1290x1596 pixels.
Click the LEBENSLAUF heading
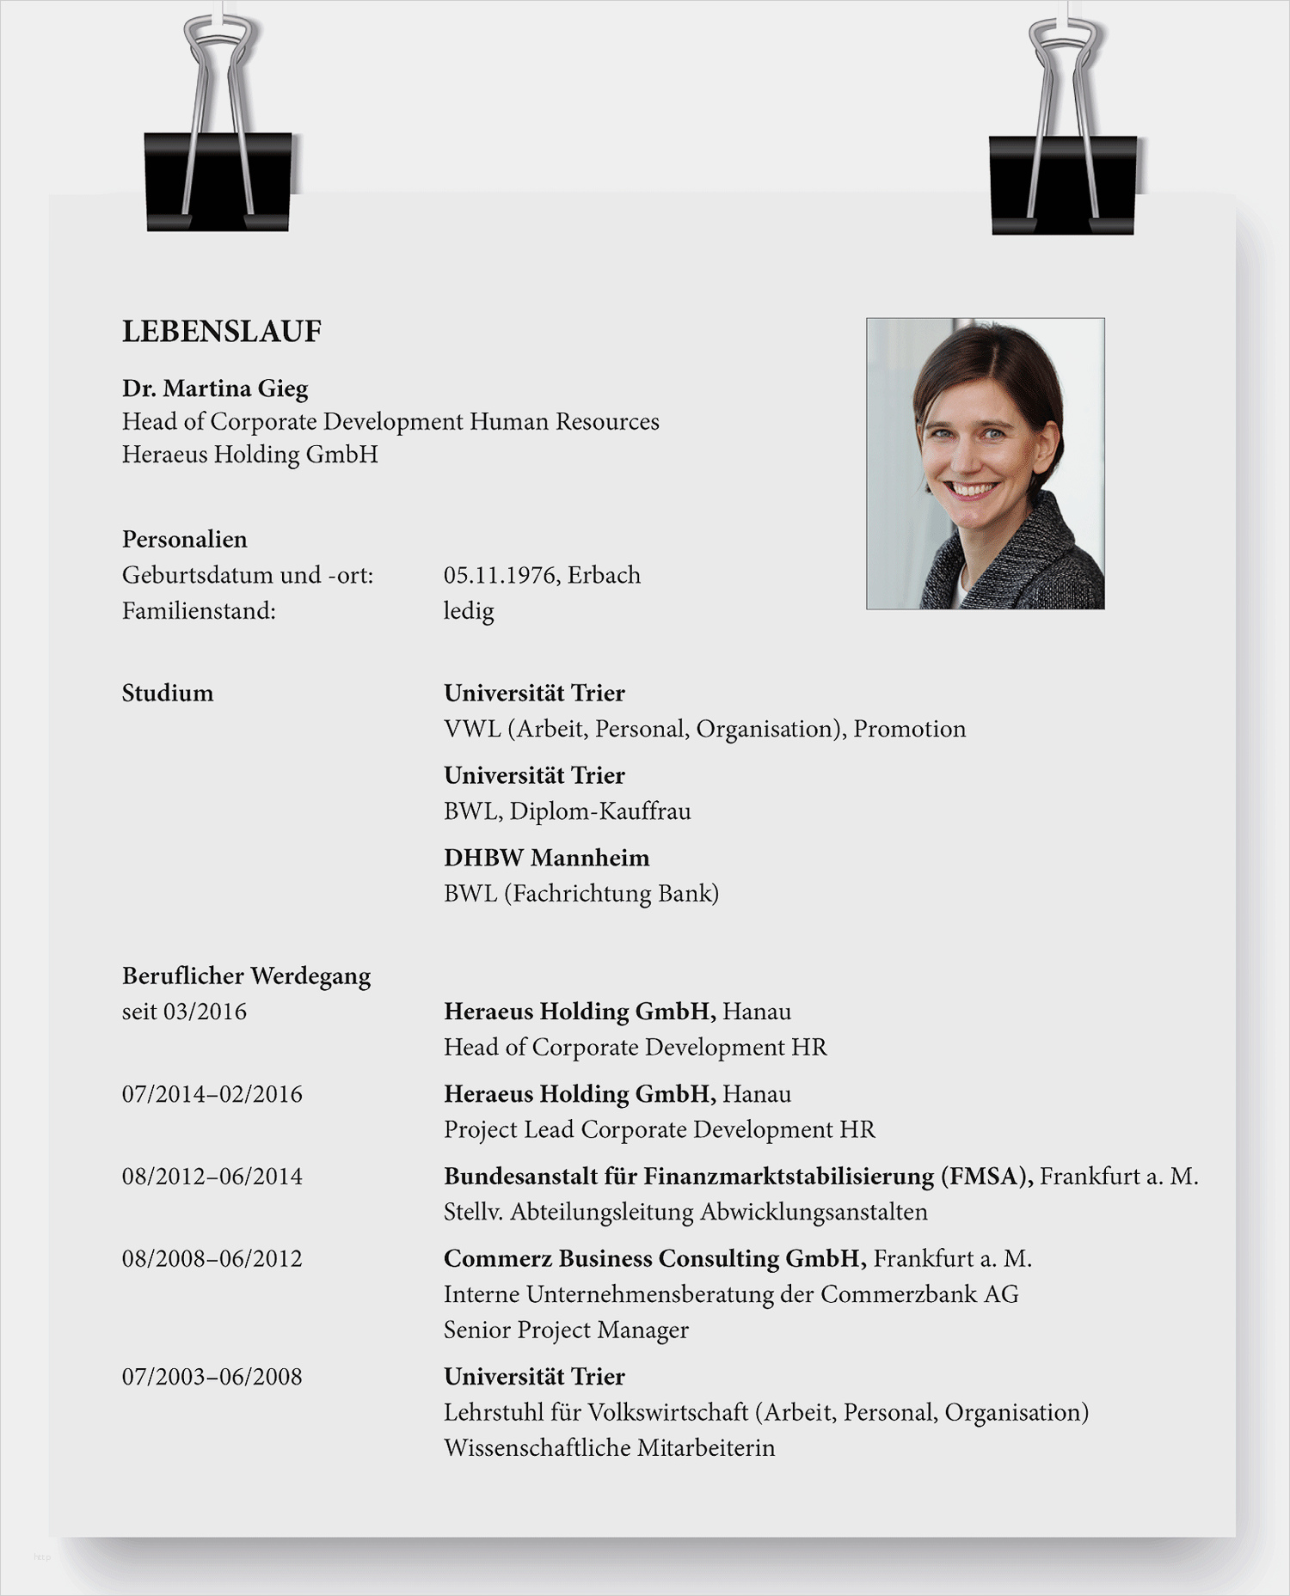222,332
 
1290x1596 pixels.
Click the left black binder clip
218,180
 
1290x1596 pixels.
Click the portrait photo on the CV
985,463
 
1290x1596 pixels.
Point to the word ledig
469,611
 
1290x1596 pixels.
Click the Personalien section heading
185,540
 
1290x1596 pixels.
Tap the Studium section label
168,694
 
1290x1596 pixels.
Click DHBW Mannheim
547,858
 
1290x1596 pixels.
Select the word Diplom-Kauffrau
600,811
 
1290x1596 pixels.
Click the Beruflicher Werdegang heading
247,976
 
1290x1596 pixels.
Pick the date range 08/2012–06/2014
212,1177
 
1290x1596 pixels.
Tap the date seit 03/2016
185,1012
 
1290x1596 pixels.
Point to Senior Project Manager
566,1330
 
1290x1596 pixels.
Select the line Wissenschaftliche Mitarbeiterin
610,1448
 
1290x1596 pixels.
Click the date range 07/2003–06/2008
212,1377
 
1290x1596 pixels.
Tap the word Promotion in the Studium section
910,730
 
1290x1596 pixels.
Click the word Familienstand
199,611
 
